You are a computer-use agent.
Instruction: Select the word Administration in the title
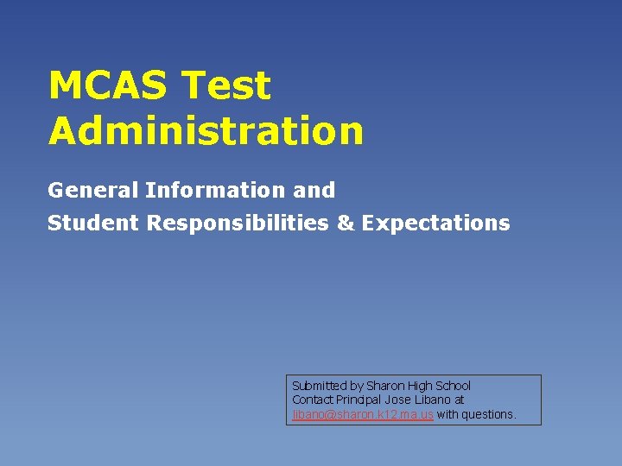coord(206,131)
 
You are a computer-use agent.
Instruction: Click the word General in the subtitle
coord(93,190)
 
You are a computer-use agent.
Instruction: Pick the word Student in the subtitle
coord(94,224)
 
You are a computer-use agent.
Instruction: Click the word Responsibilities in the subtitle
coord(238,224)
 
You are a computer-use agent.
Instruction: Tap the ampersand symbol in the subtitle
coord(346,224)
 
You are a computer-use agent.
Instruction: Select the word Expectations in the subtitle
coord(436,224)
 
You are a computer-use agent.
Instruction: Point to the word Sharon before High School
coord(385,386)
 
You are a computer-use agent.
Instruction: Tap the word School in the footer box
coord(454,386)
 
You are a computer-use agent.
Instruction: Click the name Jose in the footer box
coord(398,400)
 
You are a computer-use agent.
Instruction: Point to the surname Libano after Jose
coord(435,400)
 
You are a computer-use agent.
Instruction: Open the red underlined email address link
coord(363,414)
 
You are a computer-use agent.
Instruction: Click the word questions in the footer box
coord(489,414)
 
